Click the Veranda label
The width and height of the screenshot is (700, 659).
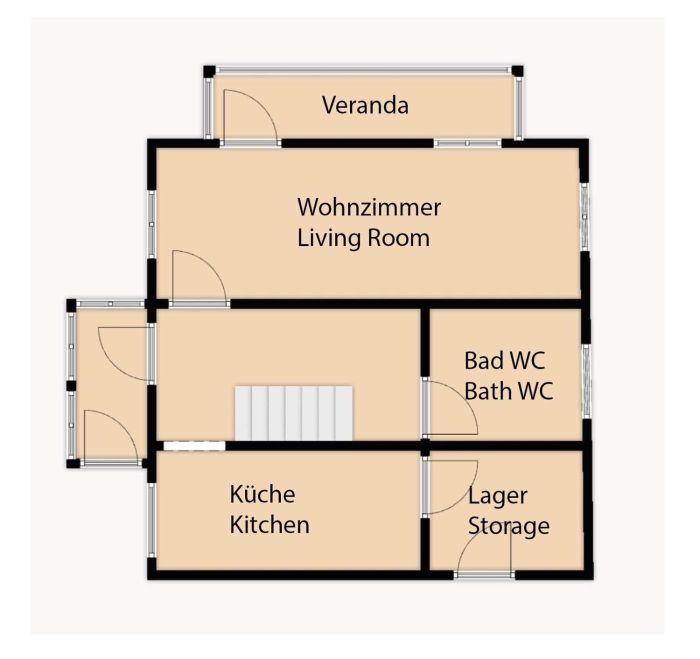pos(365,105)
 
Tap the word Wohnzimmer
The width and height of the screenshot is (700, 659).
pos(369,207)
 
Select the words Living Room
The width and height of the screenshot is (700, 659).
pos(363,238)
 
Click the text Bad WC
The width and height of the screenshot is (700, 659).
pos(504,360)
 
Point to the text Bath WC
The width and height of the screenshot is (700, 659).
pos(508,391)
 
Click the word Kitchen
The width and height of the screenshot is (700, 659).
pos(269,525)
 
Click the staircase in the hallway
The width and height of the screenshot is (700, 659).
pos(293,413)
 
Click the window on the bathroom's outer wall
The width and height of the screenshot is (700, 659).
pos(586,381)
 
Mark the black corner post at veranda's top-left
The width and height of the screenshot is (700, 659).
pos(209,71)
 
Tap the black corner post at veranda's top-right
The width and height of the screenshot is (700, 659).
pos(517,71)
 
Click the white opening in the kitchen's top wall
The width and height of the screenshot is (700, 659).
pos(194,445)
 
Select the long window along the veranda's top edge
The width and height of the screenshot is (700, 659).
pos(363,69)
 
